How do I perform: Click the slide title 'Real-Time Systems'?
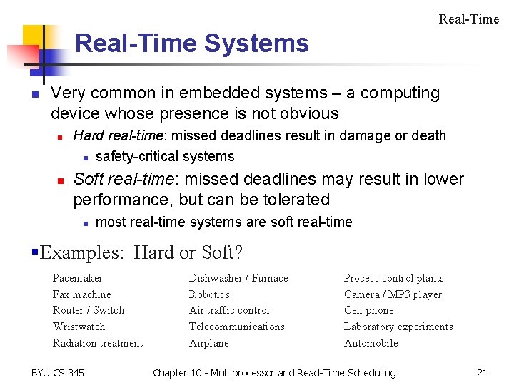coord(191,43)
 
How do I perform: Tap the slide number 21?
coord(482,373)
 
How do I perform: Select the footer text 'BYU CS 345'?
coord(58,373)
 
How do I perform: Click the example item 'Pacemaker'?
coord(78,278)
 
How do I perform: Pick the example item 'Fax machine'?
coord(82,294)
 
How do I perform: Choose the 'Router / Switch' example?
coord(89,310)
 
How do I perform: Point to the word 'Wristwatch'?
coord(79,327)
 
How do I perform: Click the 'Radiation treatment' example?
coord(98,343)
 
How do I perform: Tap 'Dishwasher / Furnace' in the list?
coord(238,278)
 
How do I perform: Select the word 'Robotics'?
coord(209,294)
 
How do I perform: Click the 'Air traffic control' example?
coord(229,310)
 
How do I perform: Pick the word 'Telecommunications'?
coord(236,327)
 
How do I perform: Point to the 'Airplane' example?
coord(209,343)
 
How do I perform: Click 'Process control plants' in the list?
coord(394,278)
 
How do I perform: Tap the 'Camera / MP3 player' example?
coord(393,294)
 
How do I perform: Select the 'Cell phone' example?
coord(369,310)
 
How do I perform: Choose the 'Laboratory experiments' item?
coord(398,327)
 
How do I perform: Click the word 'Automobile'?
coord(371,343)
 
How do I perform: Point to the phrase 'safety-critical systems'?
coord(165,157)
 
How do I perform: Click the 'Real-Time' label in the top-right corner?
coord(469,19)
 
